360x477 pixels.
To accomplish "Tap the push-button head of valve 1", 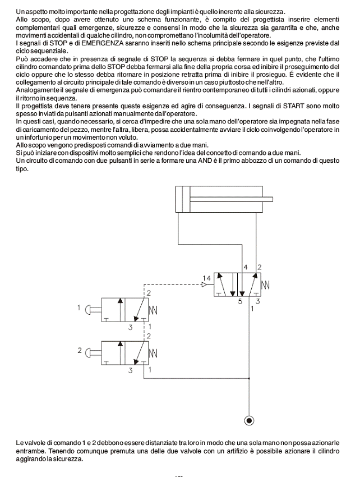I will click(88, 308).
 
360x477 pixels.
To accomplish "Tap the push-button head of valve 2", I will click(88, 352).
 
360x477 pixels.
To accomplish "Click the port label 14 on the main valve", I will click(207, 278).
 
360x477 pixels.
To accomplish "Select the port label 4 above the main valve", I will click(245, 267).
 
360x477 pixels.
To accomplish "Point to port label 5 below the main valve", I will click(239, 302).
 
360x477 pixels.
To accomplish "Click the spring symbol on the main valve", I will click(266, 285).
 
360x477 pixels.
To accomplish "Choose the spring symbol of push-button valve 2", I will click(153, 352).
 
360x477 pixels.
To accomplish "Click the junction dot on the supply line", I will click(249, 378).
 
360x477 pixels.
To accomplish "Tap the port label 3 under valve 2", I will click(130, 370).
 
